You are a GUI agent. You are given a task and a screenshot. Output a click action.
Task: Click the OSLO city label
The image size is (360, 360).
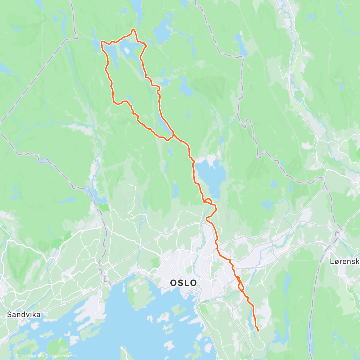point(183,283)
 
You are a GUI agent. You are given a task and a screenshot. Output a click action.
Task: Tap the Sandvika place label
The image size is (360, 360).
point(24,314)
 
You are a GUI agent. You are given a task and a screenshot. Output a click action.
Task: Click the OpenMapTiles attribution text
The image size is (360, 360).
point(29,356)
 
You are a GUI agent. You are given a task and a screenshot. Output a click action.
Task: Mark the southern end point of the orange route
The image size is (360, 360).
point(258,330)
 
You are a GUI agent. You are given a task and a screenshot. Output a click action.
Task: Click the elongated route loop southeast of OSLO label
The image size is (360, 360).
point(240,284)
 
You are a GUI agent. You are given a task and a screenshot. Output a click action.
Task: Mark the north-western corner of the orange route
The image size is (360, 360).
point(101,42)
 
